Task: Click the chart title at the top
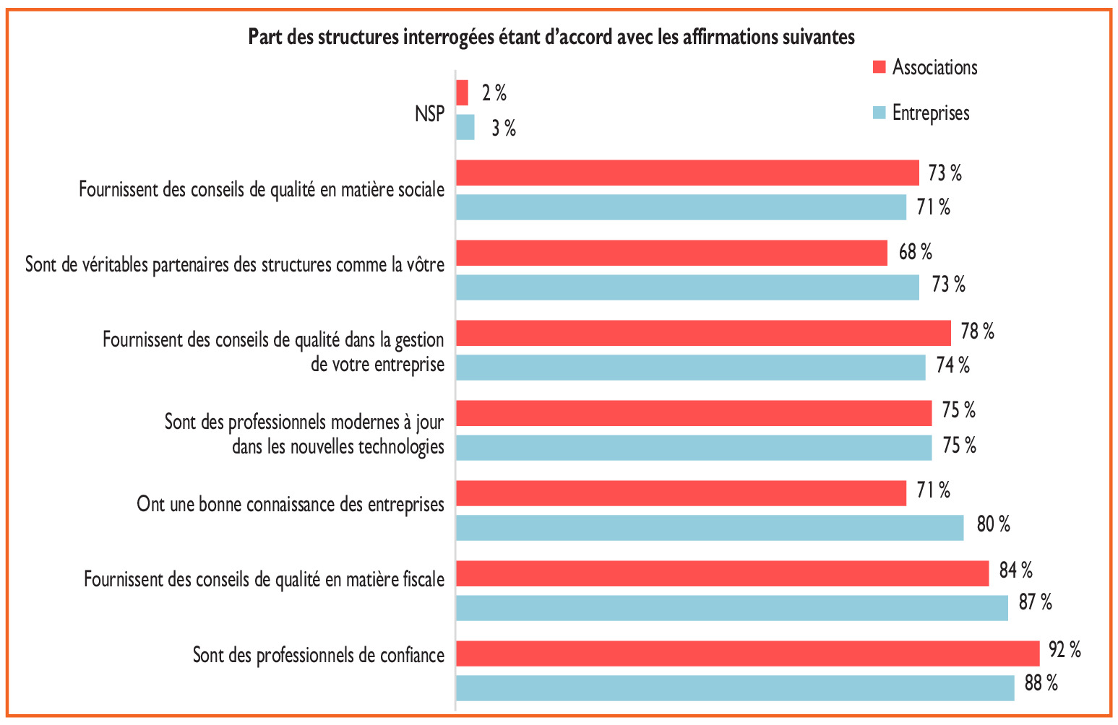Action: pos(551,37)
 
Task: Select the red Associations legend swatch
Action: pos(879,67)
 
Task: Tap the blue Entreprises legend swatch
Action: pos(879,113)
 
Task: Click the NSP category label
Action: pos(429,113)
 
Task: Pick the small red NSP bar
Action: pos(463,93)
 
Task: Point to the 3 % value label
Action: pos(504,129)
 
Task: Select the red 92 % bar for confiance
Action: pos(747,653)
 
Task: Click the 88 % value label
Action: pos(1041,683)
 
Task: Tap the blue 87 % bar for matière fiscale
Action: pos(731,607)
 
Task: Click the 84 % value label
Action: pos(1015,570)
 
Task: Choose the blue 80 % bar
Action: pos(709,527)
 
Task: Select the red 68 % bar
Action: pos(671,253)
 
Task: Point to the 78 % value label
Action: pos(977,331)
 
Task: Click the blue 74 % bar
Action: pos(690,367)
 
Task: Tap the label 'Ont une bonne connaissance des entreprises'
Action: pos(291,503)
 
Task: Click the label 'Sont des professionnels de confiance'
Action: pos(318,655)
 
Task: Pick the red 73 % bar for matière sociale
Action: pos(687,173)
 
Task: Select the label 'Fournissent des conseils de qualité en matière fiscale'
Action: pos(264,579)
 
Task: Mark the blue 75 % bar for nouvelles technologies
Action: pos(693,447)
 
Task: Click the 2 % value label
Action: pos(494,93)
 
